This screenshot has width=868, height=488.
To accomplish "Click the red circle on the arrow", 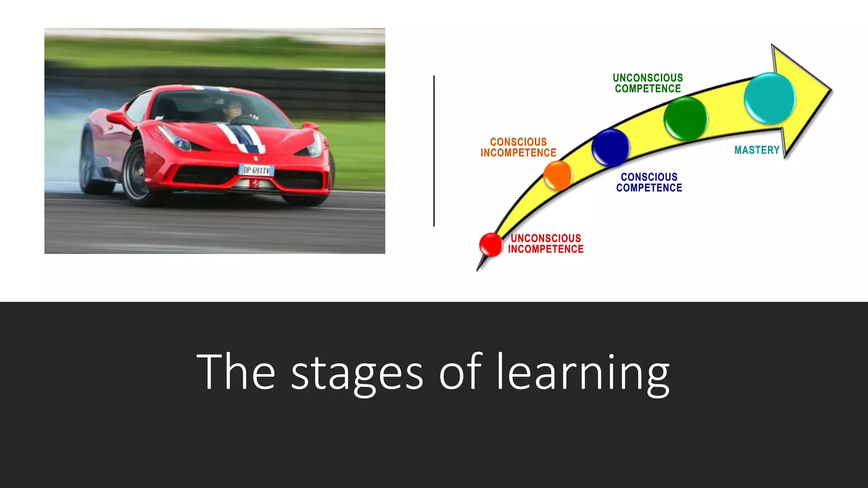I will click(491, 244).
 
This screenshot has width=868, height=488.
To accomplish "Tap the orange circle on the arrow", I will click(558, 175).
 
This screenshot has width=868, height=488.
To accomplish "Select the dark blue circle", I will click(610, 147).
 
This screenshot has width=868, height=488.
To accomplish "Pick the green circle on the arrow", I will click(685, 118).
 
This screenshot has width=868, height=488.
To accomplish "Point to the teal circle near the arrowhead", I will click(770, 99).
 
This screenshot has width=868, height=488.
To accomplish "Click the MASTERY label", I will click(757, 150).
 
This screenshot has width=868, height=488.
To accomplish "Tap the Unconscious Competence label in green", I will click(648, 83).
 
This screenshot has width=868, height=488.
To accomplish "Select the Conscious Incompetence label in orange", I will click(518, 147).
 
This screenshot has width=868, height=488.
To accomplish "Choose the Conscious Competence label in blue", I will click(649, 182).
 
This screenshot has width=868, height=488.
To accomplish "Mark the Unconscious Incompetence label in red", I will click(545, 244).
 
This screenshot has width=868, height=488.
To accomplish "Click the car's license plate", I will click(256, 170).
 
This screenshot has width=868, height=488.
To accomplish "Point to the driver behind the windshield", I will click(233, 109).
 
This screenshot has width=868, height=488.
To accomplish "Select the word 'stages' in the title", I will click(357, 373).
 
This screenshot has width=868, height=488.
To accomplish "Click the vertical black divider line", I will click(434, 151).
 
